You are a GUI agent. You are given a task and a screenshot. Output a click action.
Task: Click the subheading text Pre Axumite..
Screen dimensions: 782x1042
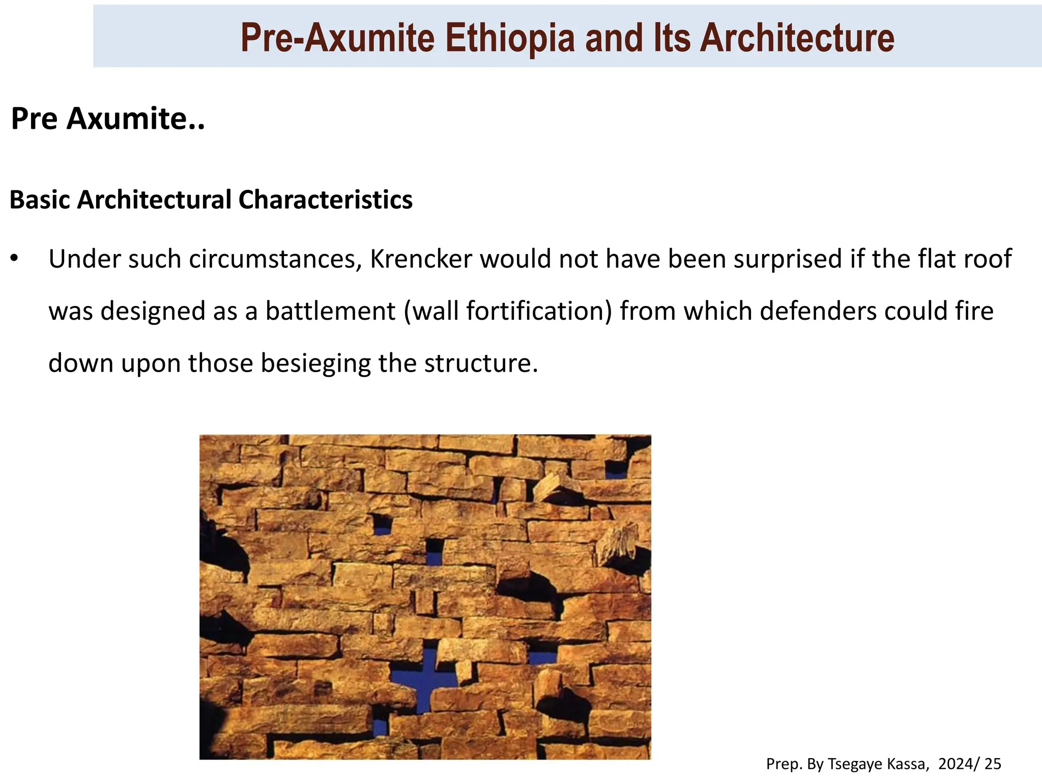tap(107, 119)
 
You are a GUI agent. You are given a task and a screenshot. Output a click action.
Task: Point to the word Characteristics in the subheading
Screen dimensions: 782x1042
tap(326, 200)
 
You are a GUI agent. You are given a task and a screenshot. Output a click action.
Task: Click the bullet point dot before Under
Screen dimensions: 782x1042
tap(14, 259)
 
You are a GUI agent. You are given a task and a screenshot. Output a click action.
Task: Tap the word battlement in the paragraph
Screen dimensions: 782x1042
tap(330, 311)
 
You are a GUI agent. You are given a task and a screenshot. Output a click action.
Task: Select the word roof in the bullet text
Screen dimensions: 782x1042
tap(990, 259)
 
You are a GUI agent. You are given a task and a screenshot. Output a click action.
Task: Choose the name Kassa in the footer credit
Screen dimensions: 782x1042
tap(909, 764)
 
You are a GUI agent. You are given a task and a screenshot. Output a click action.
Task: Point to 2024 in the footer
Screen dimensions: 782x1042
tap(955, 764)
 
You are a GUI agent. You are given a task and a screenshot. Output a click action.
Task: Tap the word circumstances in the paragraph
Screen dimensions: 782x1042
tap(275, 259)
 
